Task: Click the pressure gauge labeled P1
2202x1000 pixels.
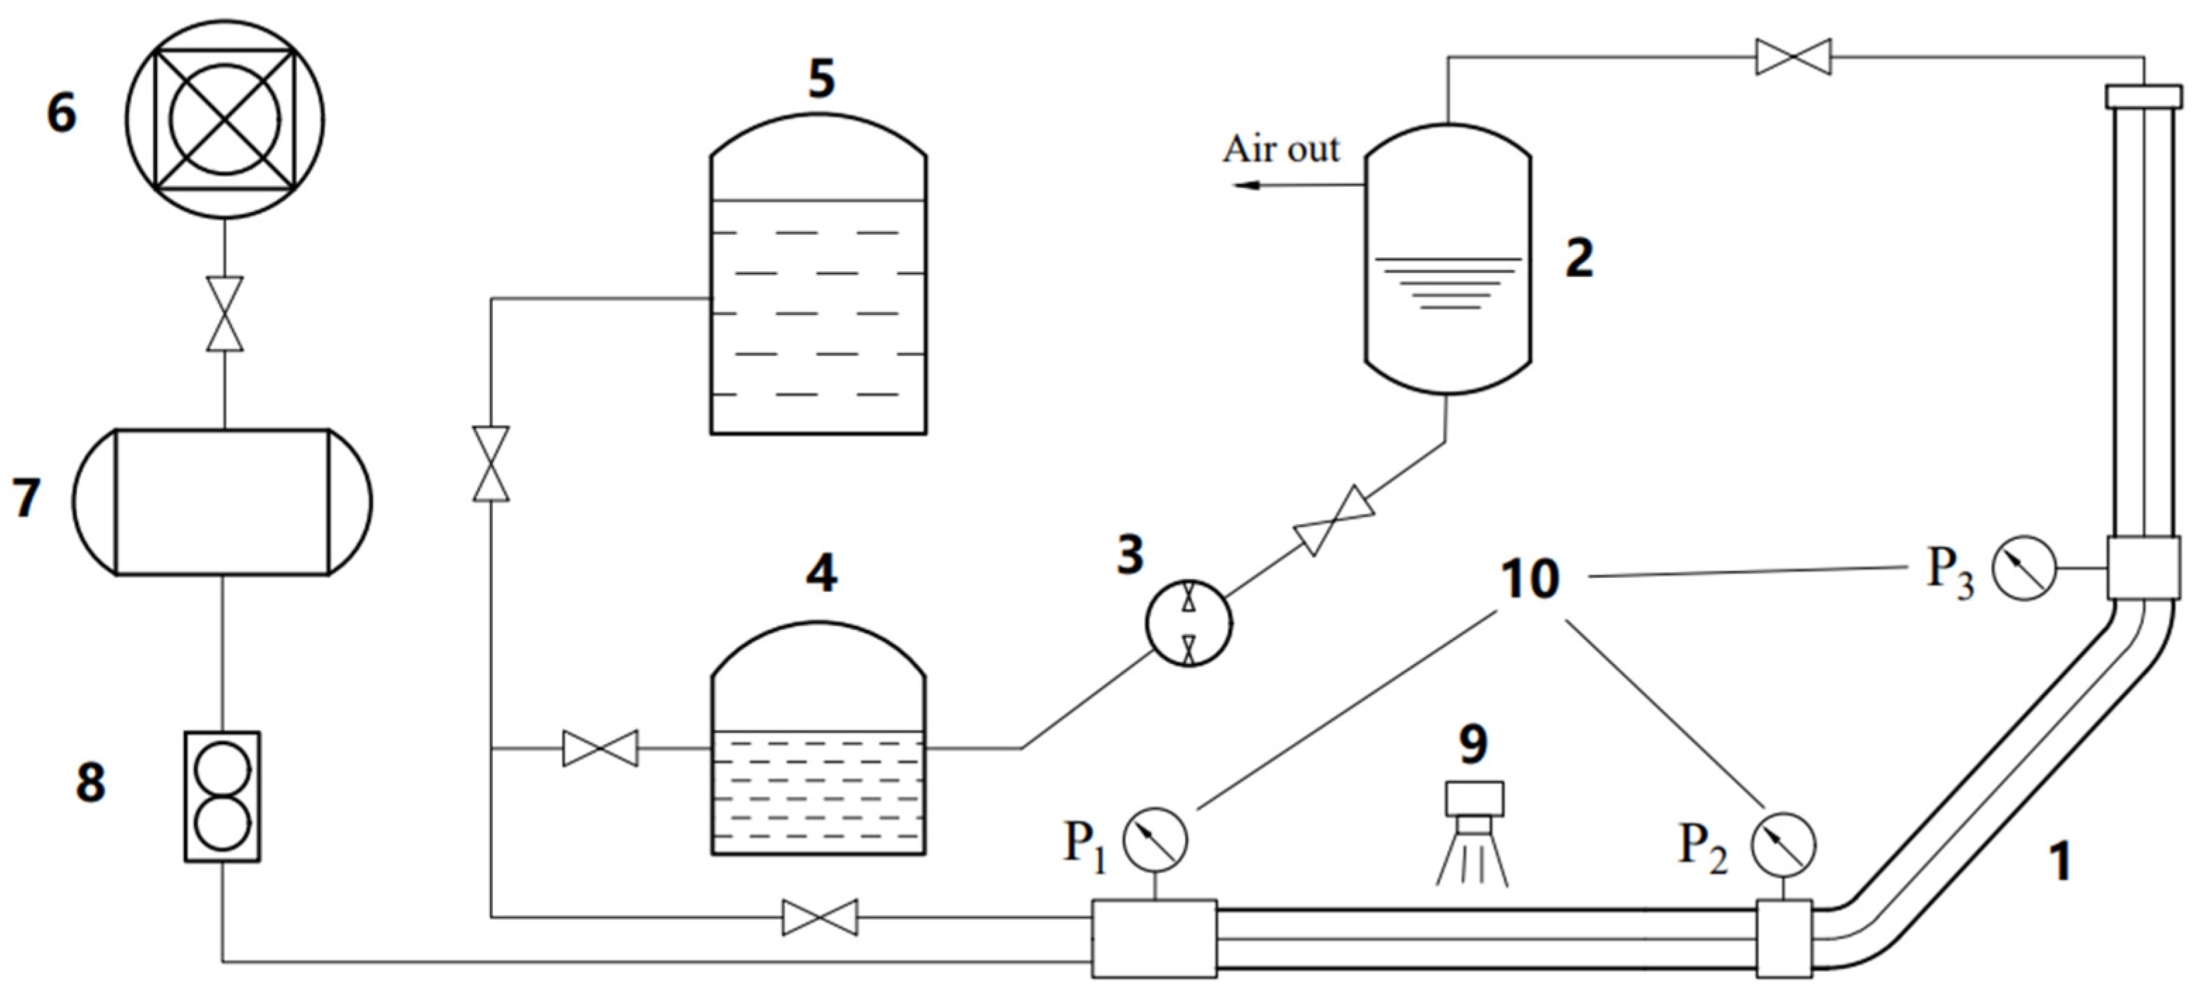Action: (x=1154, y=839)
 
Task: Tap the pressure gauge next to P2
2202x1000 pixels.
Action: (x=1783, y=844)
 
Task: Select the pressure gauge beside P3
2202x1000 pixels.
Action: (x=2024, y=567)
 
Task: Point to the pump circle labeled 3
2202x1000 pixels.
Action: (x=1188, y=623)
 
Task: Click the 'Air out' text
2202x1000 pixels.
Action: (x=1281, y=149)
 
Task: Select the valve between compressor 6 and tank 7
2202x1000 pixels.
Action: (x=225, y=314)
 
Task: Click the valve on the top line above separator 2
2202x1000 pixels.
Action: (x=1793, y=57)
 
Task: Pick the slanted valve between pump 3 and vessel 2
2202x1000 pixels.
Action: (x=1334, y=521)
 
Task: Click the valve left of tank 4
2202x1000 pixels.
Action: (x=600, y=748)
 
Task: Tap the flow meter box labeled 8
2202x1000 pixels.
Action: (x=222, y=796)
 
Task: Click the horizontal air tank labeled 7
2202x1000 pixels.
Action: (x=222, y=502)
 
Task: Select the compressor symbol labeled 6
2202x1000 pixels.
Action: (x=225, y=119)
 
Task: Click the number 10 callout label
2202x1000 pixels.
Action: (x=1530, y=579)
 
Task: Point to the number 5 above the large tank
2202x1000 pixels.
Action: (x=820, y=80)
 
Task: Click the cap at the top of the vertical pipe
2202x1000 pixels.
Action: (x=2143, y=95)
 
